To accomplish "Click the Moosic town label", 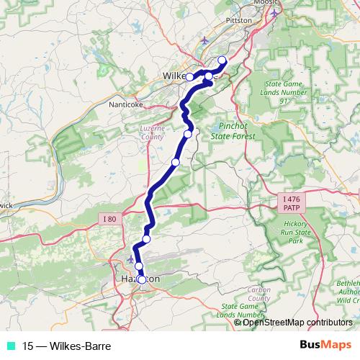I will click(265, 4).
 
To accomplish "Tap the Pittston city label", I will click(239, 21).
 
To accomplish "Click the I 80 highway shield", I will click(109, 219).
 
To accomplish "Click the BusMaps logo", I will click(325, 346).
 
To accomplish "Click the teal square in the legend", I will click(9, 346).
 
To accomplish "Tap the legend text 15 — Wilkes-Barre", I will click(66, 346).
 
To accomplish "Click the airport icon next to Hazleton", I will click(130, 258).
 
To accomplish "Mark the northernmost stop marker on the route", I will click(222, 60).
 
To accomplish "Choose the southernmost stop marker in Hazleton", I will click(142, 279).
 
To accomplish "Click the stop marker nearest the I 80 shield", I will click(146, 239).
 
